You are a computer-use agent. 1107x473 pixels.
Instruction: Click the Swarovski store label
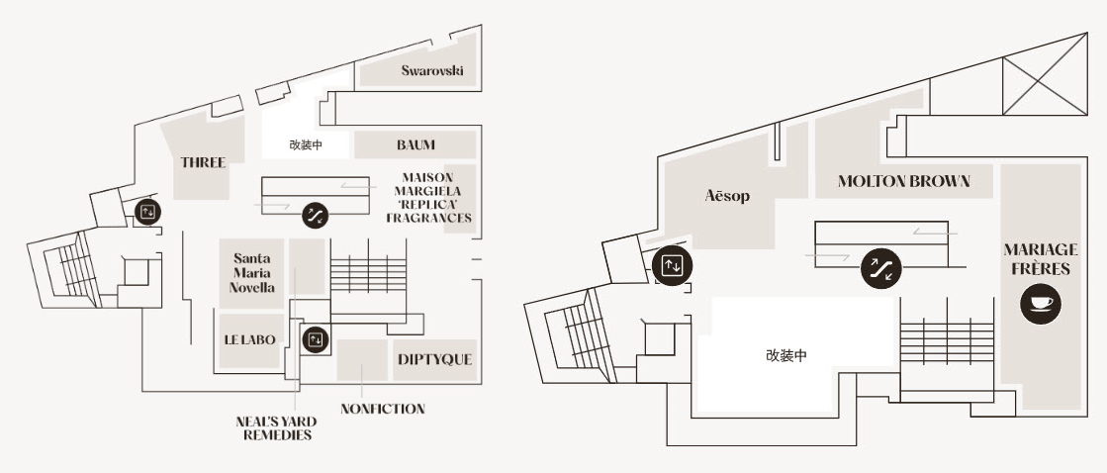pyautogui.click(x=432, y=70)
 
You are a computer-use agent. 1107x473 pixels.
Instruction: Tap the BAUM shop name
pyautogui.click(x=415, y=144)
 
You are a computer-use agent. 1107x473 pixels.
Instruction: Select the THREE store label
pyautogui.click(x=203, y=162)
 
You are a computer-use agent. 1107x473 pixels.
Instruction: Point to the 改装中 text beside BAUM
pyautogui.click(x=306, y=144)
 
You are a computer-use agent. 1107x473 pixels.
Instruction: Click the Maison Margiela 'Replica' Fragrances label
pyautogui.click(x=428, y=197)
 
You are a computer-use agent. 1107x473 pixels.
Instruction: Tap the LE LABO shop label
pyautogui.click(x=249, y=339)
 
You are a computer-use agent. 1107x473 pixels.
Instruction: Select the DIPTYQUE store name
pyautogui.click(x=434, y=359)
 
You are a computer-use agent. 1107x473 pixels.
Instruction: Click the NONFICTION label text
pyautogui.click(x=382, y=409)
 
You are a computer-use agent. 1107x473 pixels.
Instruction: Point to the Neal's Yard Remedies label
pyautogui.click(x=276, y=427)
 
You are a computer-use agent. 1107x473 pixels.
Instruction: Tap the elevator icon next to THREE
pyautogui.click(x=148, y=210)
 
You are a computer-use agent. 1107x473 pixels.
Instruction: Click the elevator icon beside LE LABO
pyautogui.click(x=315, y=339)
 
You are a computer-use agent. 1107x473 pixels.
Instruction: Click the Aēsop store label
pyautogui.click(x=727, y=196)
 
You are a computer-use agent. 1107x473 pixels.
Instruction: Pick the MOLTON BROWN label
pyautogui.click(x=902, y=181)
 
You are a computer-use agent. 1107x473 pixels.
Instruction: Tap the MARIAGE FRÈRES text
pyautogui.click(x=1040, y=259)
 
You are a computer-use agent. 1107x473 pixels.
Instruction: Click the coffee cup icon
pyautogui.click(x=1041, y=304)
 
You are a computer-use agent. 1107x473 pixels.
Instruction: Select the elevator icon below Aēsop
pyautogui.click(x=672, y=265)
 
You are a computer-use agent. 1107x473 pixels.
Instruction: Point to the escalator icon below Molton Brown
pyautogui.click(x=880, y=268)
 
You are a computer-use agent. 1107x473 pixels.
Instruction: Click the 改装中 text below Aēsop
pyautogui.click(x=785, y=355)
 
